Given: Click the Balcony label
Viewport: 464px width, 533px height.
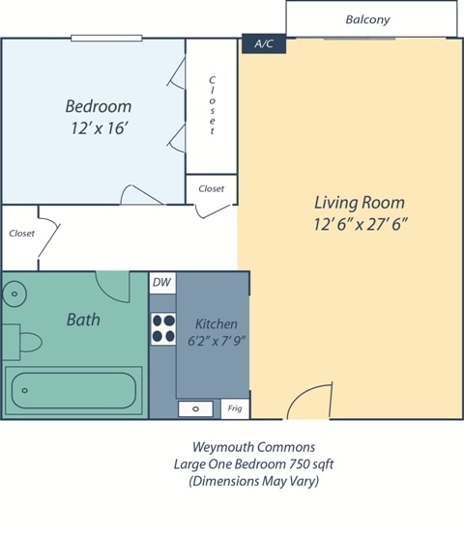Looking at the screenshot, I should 367,19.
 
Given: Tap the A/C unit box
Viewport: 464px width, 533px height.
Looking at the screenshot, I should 263,44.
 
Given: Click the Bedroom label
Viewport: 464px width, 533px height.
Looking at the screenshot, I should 98,106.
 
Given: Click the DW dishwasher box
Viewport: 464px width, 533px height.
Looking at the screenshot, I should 161,282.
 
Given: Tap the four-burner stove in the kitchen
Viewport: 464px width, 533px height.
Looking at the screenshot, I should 162,328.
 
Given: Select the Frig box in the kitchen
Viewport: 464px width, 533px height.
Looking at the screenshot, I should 234,408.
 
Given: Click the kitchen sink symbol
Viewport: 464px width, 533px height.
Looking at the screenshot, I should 196,408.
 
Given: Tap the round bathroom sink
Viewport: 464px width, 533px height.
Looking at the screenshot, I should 14,295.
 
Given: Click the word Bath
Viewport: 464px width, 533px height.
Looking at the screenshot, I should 83,319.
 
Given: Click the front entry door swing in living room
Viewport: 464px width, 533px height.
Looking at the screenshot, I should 309,404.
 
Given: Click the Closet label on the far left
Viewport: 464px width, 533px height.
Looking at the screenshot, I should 21,233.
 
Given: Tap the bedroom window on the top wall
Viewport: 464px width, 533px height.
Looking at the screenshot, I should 106,39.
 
